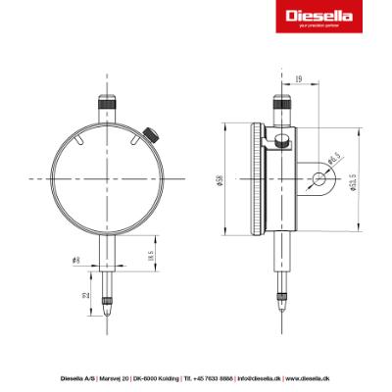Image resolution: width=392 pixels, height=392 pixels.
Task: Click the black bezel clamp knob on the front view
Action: tap(151, 134)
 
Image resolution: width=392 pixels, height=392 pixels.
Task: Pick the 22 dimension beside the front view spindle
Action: tap(86, 295)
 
